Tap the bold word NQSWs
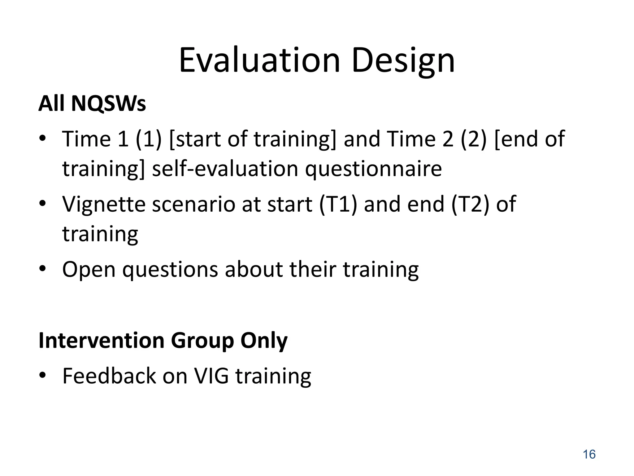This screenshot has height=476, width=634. tap(108, 104)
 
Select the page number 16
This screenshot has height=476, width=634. tap(589, 454)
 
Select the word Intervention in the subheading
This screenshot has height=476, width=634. tap(101, 341)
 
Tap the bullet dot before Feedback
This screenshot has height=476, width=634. tap(42, 375)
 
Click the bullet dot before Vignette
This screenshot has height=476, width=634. tap(42, 203)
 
